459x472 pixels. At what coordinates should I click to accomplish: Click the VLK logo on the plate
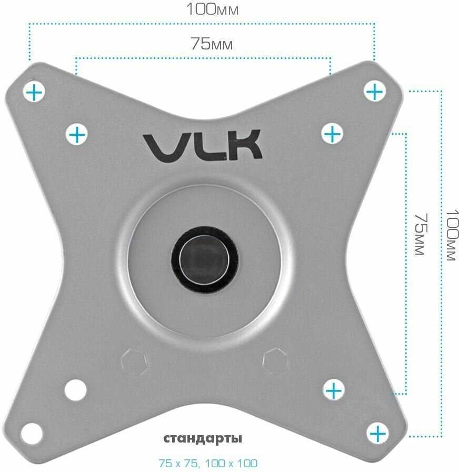(x=203, y=145)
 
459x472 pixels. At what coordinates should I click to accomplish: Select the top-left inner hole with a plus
(x=77, y=135)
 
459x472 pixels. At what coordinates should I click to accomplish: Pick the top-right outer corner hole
(x=374, y=92)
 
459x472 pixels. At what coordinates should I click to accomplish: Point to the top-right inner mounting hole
(x=332, y=134)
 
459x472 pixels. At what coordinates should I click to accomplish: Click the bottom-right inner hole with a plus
(x=333, y=390)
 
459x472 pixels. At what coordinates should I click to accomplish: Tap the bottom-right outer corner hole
(x=376, y=434)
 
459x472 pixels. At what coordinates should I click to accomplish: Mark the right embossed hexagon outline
(x=276, y=360)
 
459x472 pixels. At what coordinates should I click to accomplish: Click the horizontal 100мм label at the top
(x=213, y=9)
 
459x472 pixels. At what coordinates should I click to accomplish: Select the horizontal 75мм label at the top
(x=211, y=44)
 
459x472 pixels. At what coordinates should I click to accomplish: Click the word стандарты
(x=203, y=438)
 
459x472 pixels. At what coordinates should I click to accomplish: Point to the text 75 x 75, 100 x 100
(x=208, y=464)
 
